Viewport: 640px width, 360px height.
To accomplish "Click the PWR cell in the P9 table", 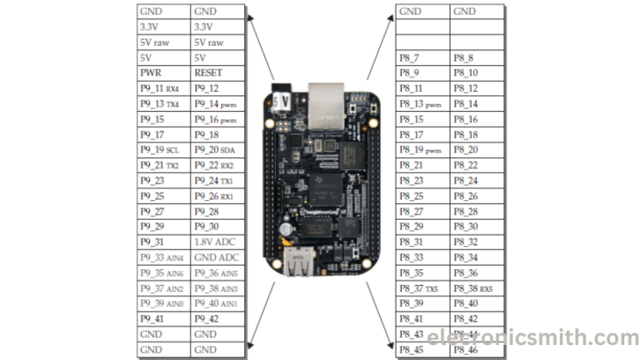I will click(x=163, y=72).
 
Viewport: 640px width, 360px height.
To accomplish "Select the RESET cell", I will click(x=218, y=72).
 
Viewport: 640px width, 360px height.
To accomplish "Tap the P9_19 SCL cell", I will click(x=163, y=150).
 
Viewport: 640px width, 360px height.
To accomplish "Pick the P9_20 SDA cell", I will click(x=218, y=150).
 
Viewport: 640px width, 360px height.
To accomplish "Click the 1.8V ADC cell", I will click(x=218, y=242).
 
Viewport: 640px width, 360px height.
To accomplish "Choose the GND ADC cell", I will click(x=218, y=257).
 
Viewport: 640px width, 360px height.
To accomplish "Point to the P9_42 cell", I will click(x=218, y=318).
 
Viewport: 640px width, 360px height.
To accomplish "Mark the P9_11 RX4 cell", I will click(x=163, y=88).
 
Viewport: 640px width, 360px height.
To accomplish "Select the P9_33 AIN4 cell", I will click(x=163, y=257).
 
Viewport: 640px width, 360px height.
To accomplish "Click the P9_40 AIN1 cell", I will click(x=218, y=303).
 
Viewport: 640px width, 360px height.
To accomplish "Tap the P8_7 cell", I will click(x=422, y=57).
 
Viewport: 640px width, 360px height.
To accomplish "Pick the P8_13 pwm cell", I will click(x=422, y=103).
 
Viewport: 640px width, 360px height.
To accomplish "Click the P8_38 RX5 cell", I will click(x=477, y=287).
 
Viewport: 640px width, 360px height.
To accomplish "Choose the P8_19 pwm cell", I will click(x=422, y=150).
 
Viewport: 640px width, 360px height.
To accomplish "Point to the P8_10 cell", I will click(x=477, y=72).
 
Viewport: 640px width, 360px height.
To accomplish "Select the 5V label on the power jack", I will click(x=282, y=100).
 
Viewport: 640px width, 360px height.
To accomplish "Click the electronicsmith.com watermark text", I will click(x=534, y=337).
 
